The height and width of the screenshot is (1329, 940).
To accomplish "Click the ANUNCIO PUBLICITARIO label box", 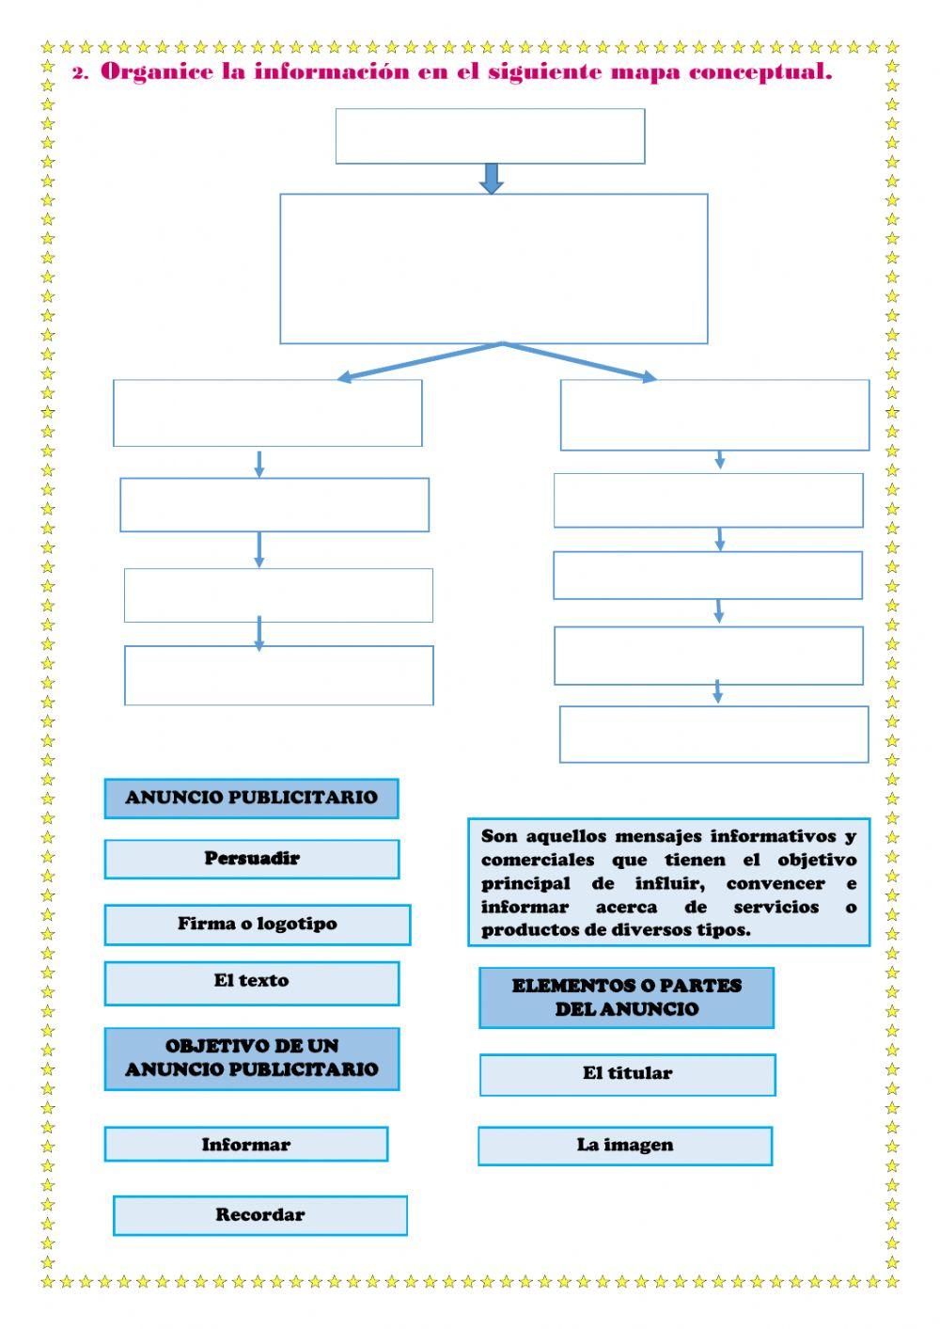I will pyautogui.click(x=251, y=799).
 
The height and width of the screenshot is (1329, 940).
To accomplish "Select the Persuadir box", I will pyautogui.click(x=251, y=859).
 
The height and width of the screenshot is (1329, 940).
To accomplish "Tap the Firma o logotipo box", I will pyautogui.click(x=257, y=925).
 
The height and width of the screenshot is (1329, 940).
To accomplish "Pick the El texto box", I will pyautogui.click(x=251, y=982).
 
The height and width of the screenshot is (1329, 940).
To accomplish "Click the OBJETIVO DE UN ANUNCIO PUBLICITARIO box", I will pyautogui.click(x=251, y=1058).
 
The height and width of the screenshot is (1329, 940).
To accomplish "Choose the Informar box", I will pyautogui.click(x=245, y=1145).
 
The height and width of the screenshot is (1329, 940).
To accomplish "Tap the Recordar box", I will pyautogui.click(x=259, y=1215).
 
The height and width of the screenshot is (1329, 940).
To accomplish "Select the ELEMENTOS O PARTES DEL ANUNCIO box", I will pyautogui.click(x=626, y=998).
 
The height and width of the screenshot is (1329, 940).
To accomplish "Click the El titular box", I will pyautogui.click(x=627, y=1074).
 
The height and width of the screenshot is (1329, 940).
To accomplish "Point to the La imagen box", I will pyautogui.click(x=625, y=1146).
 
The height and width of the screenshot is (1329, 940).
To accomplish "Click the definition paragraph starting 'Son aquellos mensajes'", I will pyautogui.click(x=668, y=882).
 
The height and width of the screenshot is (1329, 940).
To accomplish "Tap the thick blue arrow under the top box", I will pyautogui.click(x=491, y=178).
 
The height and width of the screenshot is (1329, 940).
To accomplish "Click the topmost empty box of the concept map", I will pyautogui.click(x=490, y=136).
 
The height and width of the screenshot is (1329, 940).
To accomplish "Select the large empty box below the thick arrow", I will pyautogui.click(x=493, y=269).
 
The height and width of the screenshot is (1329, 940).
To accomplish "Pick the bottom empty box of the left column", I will pyautogui.click(x=278, y=675).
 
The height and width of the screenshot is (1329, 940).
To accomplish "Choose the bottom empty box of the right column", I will pyautogui.click(x=713, y=734).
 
